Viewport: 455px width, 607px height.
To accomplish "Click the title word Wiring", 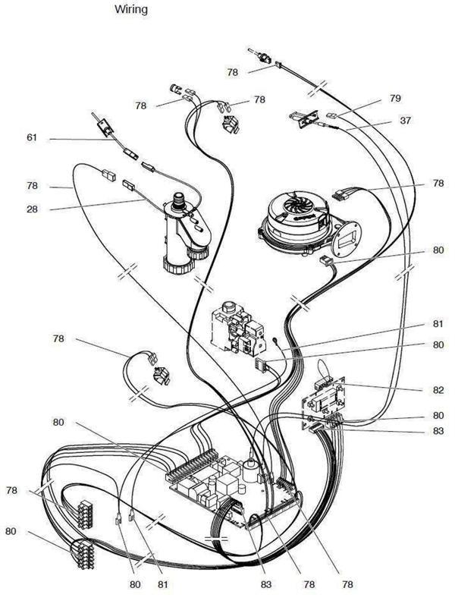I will (131, 10).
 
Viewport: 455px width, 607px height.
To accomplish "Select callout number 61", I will (32, 138).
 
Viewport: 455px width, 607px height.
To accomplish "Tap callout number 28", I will (32, 209).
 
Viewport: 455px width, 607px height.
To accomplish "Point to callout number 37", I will (406, 121).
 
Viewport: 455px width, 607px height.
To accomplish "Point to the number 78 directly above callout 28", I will (32, 186).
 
